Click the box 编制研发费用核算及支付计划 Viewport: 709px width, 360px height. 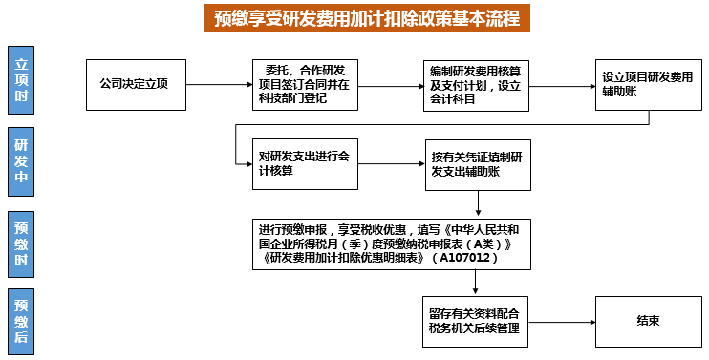coord(474,85)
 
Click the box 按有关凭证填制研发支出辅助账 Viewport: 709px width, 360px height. coord(476,164)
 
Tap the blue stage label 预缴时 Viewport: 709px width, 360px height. coord(22,244)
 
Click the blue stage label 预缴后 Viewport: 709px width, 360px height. coord(22,320)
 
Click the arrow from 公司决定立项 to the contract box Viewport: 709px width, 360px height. coord(216,85)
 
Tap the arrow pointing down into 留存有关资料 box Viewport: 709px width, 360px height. coord(475,284)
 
